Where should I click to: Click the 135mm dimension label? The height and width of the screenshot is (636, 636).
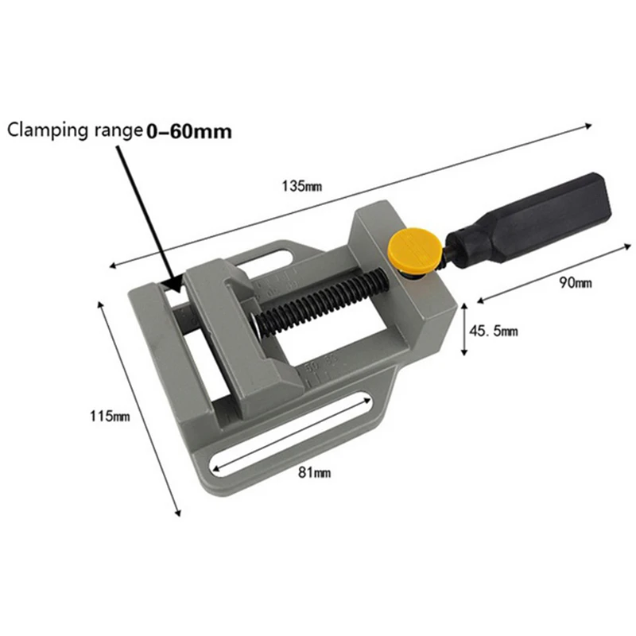coord(301,187)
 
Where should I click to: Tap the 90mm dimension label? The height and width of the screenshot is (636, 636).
coord(576,283)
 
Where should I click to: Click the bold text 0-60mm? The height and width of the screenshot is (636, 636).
coord(188,131)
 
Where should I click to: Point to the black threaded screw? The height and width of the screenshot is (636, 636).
coord(318,297)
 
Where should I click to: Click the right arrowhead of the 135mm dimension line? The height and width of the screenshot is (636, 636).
coord(589,125)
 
